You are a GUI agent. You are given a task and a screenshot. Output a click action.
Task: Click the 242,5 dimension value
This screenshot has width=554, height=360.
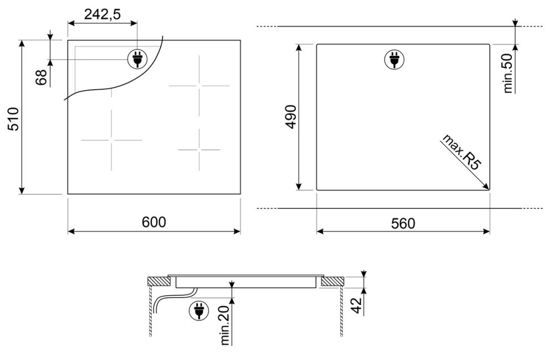pyautogui.click(x=102, y=14)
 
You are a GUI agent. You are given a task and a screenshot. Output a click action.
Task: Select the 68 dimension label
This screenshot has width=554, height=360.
pyautogui.click(x=42, y=78)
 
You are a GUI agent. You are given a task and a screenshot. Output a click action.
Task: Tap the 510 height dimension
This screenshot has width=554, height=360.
pyautogui.click(x=13, y=119)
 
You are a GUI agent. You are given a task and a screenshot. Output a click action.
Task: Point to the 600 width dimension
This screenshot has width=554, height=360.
pyautogui.click(x=153, y=222)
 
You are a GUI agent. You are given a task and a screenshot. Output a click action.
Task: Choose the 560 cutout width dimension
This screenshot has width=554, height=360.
pyautogui.click(x=403, y=223)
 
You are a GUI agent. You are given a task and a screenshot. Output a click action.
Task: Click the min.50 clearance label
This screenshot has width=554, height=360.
pyautogui.click(x=507, y=73)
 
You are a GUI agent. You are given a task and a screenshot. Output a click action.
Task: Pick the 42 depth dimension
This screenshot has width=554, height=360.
pyautogui.click(x=357, y=305)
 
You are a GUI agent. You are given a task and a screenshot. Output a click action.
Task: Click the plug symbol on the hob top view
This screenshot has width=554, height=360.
pyautogui.click(x=137, y=59)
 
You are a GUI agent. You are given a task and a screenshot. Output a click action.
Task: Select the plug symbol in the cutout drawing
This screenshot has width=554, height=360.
pyautogui.click(x=394, y=59)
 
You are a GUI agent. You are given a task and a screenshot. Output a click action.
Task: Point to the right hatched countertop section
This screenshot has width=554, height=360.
pyautogui.click(x=332, y=281)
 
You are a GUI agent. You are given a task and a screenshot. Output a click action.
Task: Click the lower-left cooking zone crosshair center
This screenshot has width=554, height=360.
pyautogui.click(x=112, y=140)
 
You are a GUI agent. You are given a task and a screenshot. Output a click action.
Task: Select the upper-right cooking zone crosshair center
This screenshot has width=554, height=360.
pyautogui.click(x=199, y=86)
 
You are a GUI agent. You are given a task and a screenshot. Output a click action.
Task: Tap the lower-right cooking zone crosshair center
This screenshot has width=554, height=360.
pyautogui.click(x=199, y=150)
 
